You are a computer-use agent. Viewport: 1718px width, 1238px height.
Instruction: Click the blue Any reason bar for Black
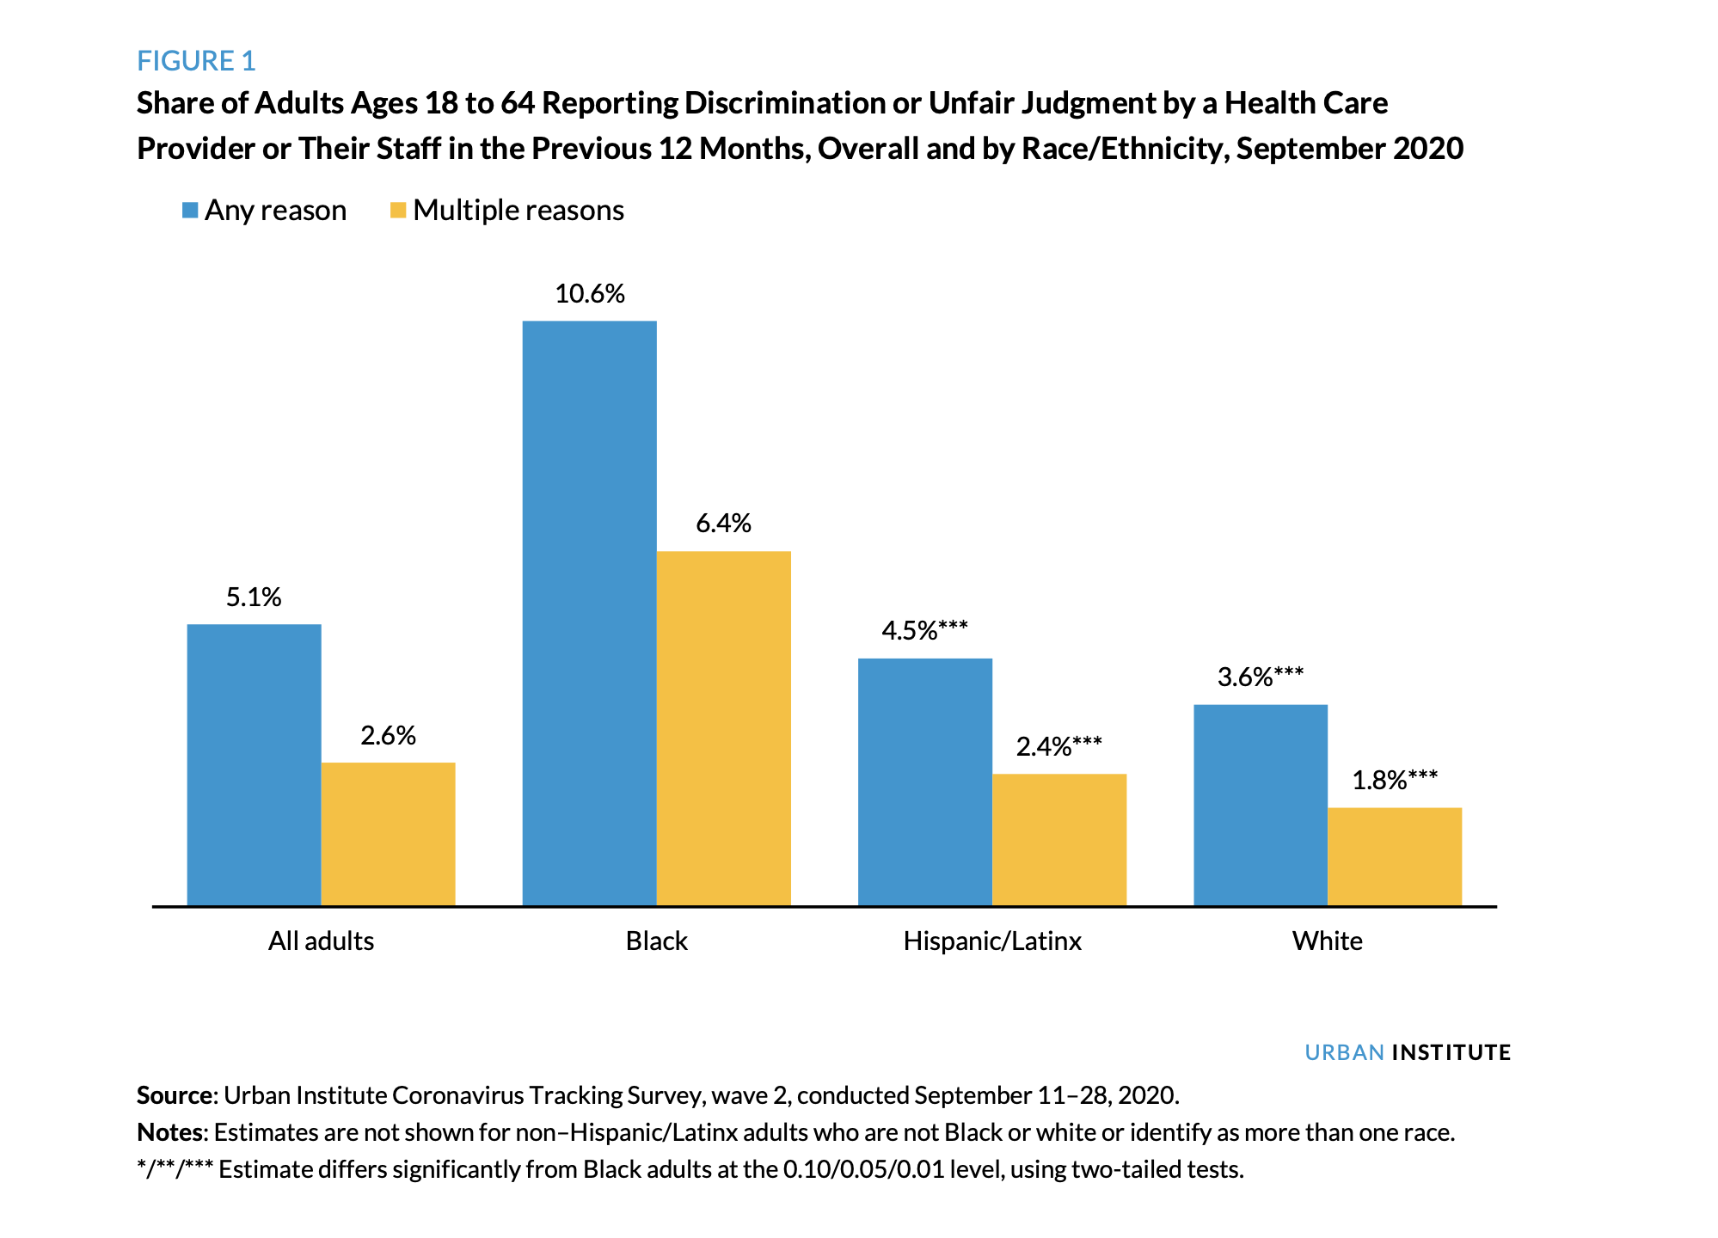590,612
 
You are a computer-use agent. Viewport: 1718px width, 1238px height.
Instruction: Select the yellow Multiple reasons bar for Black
724,727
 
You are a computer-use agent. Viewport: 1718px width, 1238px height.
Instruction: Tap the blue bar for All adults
254,764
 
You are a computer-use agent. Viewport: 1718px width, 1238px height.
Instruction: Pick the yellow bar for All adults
388,833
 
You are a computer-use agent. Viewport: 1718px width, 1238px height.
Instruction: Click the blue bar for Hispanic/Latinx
925,781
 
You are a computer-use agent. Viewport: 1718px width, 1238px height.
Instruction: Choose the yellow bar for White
1395,855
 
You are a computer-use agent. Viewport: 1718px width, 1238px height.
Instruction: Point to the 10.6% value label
590,294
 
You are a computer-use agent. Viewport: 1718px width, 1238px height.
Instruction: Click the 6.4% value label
724,524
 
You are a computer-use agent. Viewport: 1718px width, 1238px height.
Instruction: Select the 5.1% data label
254,598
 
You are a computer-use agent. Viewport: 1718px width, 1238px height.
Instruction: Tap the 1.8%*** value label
1395,781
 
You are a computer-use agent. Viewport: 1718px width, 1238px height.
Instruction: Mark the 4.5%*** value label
925,631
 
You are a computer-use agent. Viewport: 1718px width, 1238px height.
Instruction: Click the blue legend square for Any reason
190,211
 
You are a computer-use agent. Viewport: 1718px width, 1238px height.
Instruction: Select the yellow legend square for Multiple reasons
398,211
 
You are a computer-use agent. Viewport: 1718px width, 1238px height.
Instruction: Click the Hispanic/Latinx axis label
992,941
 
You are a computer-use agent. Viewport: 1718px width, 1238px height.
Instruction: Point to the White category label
1328,941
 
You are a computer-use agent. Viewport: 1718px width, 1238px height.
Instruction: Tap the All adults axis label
321,941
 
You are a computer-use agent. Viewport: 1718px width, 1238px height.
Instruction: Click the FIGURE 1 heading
196,61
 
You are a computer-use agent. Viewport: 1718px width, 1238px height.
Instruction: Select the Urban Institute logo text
1408,1052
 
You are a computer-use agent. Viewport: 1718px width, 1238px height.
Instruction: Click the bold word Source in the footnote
175,1095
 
